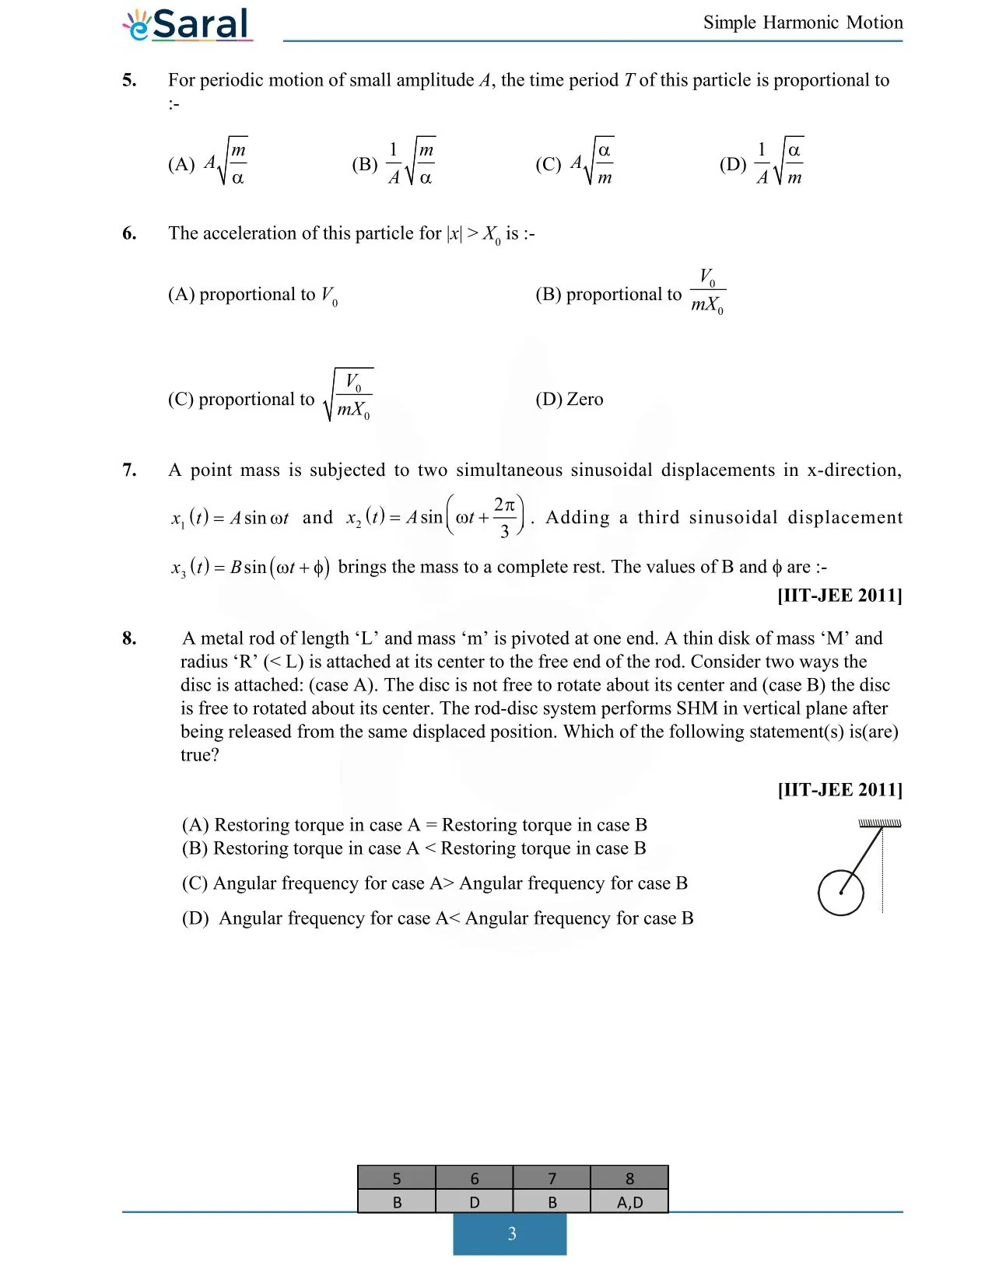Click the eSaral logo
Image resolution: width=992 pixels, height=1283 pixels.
click(x=187, y=25)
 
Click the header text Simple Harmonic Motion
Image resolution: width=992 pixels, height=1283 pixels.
click(x=803, y=23)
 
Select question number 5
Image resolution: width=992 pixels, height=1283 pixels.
click(x=129, y=80)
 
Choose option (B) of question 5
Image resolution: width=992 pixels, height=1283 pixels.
click(x=394, y=163)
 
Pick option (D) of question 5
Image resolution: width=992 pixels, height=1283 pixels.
click(x=762, y=163)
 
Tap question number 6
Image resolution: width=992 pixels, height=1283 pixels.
click(x=129, y=233)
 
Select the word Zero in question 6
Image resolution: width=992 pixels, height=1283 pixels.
click(x=584, y=399)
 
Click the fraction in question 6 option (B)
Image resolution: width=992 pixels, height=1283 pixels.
click(x=707, y=291)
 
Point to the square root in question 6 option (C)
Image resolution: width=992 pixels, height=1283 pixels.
click(x=349, y=395)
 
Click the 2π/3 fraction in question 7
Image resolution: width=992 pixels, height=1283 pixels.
click(x=504, y=517)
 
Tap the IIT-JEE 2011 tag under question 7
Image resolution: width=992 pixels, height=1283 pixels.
click(x=840, y=596)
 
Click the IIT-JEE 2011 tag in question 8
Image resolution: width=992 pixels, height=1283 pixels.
click(x=840, y=790)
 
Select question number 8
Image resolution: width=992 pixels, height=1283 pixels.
click(x=129, y=638)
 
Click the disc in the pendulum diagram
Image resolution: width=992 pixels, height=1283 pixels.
click(x=840, y=893)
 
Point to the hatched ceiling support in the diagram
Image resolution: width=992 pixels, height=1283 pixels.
click(x=879, y=823)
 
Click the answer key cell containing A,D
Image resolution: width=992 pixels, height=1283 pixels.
click(x=629, y=1202)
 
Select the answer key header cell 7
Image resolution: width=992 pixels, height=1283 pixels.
click(x=552, y=1179)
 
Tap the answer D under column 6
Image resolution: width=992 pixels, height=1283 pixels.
click(x=474, y=1202)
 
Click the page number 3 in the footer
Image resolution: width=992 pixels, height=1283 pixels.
click(x=510, y=1234)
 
